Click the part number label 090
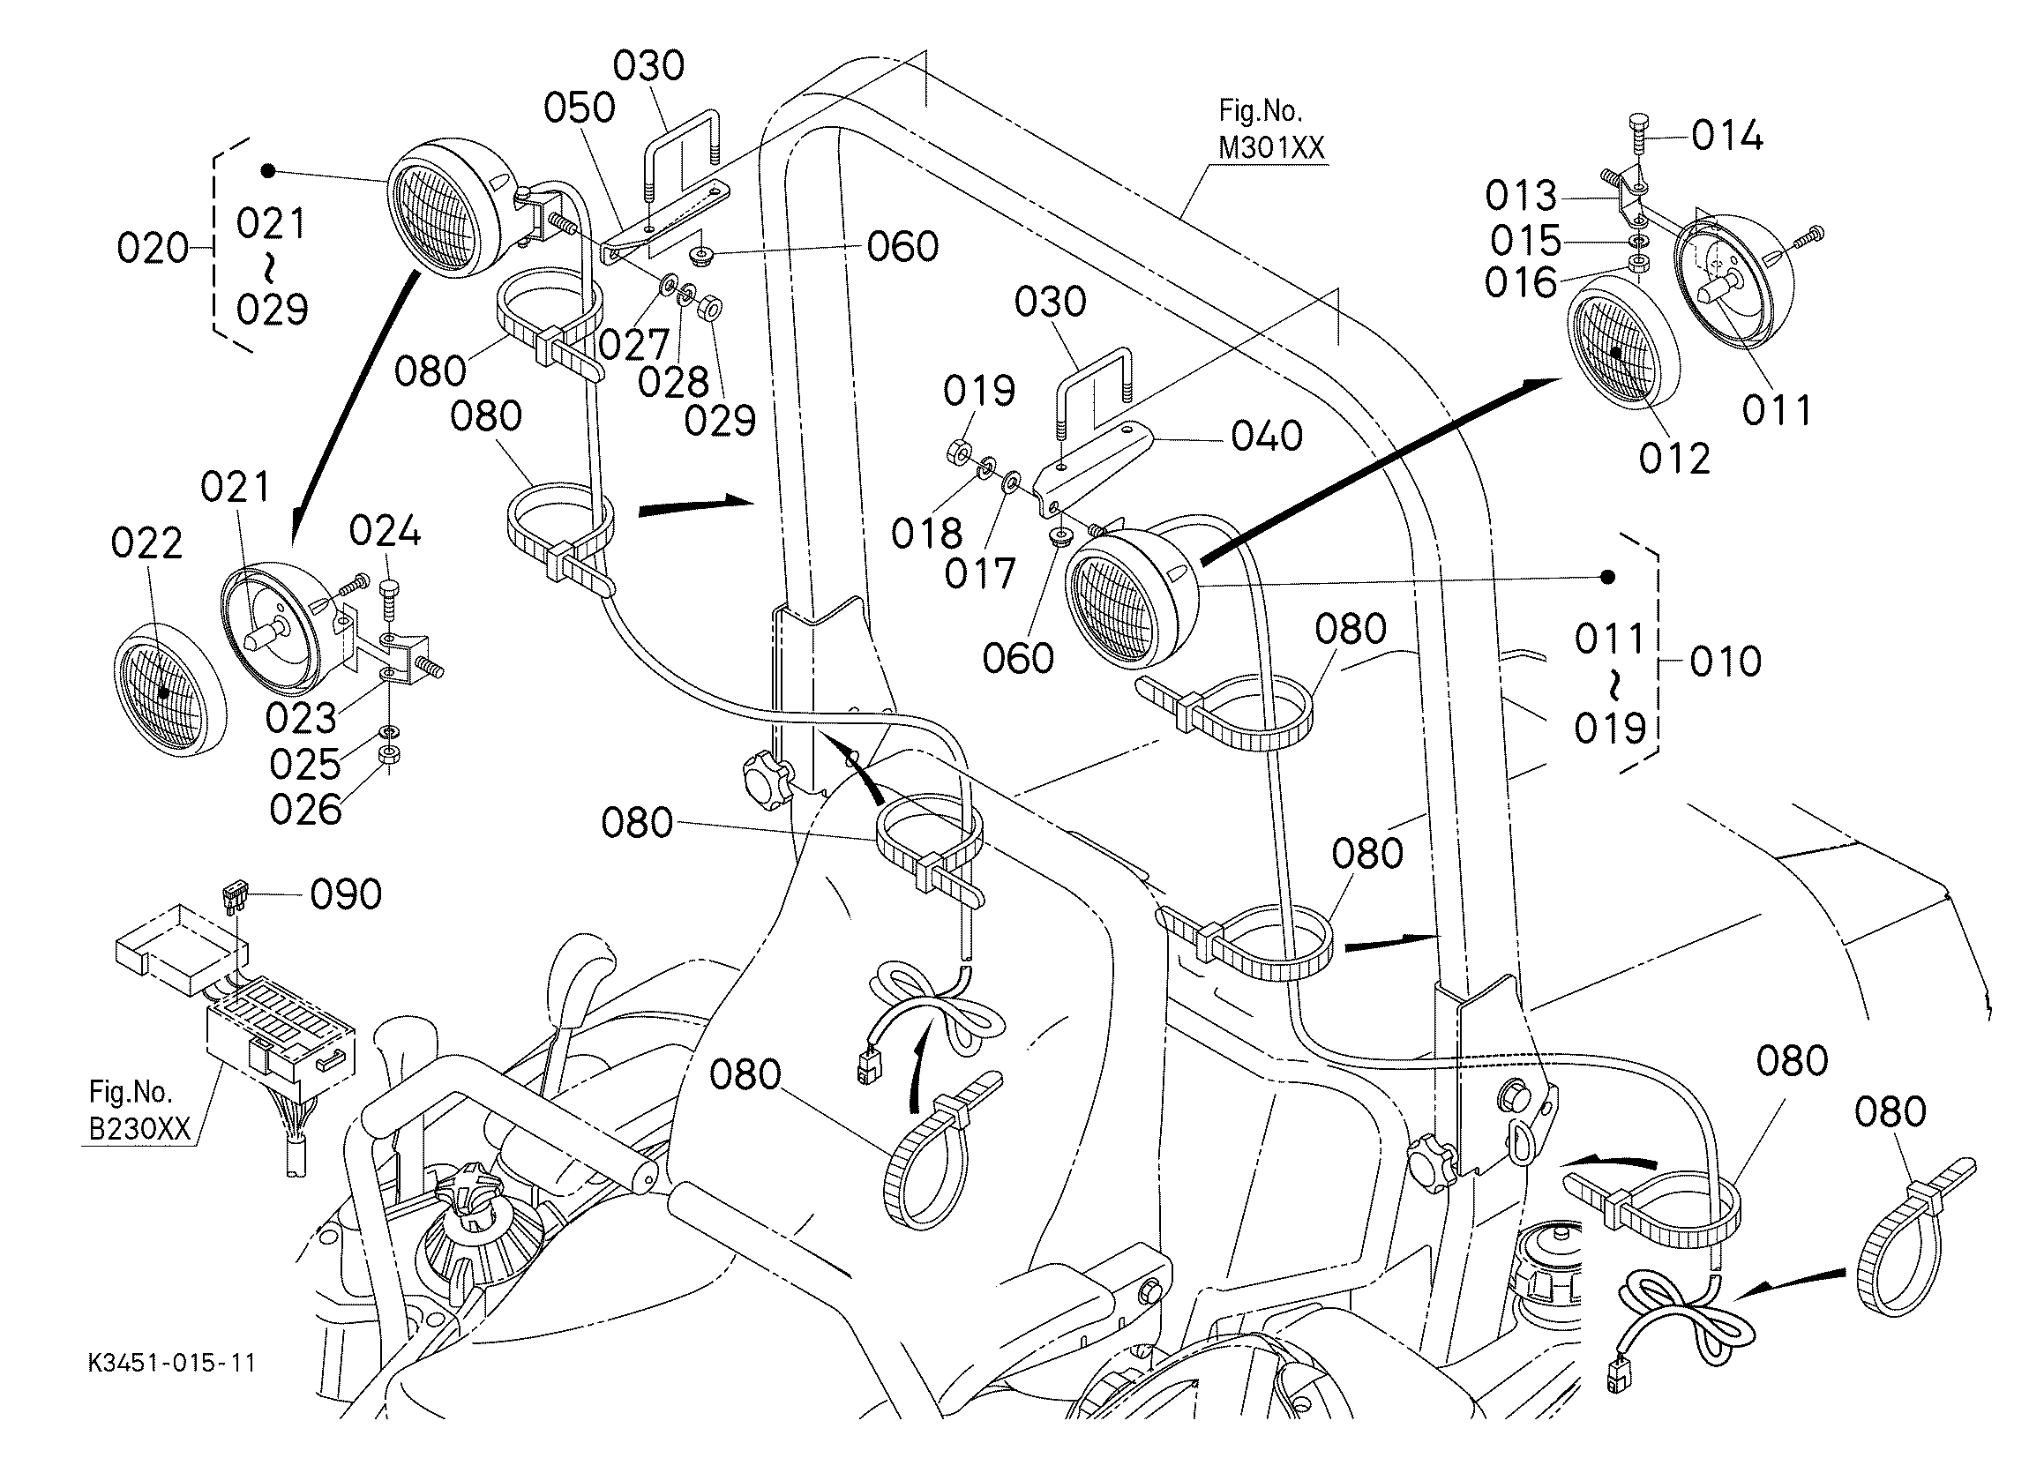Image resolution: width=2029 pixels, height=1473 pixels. (346, 894)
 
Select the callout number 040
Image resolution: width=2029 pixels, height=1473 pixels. (1267, 436)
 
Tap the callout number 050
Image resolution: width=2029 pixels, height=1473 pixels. (580, 108)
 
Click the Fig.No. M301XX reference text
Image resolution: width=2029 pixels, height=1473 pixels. (1270, 130)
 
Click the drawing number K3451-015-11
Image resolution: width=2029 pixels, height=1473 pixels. (172, 1363)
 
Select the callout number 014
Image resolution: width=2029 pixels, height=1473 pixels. (1727, 136)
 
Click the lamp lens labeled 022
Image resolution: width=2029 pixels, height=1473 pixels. (169, 688)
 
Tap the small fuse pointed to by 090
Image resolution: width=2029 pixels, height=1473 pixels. (234, 897)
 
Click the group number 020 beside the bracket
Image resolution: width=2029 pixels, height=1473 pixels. (153, 248)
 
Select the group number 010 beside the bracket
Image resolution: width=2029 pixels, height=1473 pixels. (1726, 662)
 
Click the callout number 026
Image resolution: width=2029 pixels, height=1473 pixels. (305, 811)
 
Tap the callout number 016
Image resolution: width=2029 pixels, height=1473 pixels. (1521, 282)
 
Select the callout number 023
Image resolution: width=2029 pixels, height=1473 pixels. (302, 718)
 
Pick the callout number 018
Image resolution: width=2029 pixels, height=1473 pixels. (927, 534)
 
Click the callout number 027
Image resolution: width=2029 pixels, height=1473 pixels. (634, 344)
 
